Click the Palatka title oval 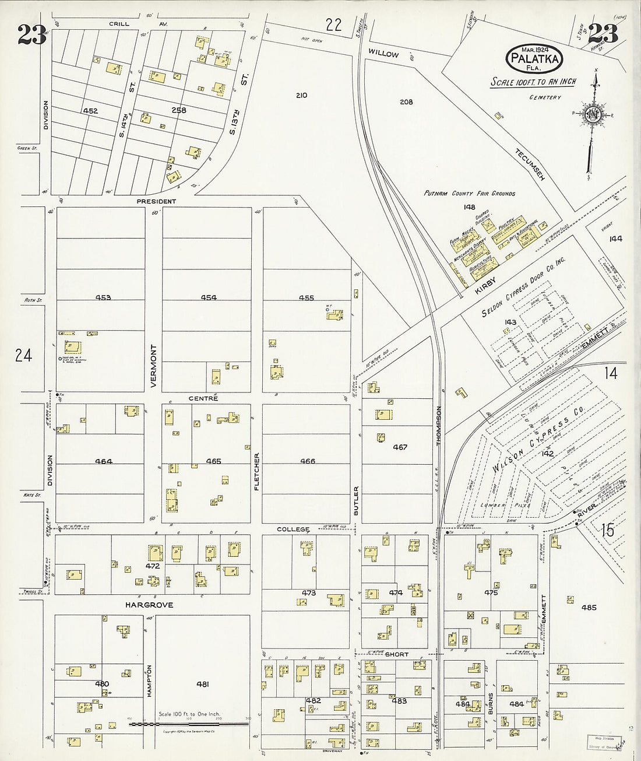click(535, 58)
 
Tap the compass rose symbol click(594, 113)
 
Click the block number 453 click(103, 297)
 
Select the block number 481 click(202, 684)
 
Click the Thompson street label click(439, 426)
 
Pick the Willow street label click(383, 54)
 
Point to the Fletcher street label click(256, 471)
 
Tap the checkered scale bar click(189, 724)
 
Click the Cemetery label click(545, 97)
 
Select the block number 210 click(301, 96)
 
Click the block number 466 click(307, 461)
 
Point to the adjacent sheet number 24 click(23, 355)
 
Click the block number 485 click(589, 608)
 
